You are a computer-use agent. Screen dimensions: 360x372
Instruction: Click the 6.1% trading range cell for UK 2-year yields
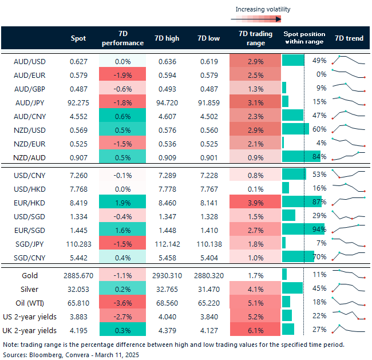click(255, 330)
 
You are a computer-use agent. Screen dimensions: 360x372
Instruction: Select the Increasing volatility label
click(263, 9)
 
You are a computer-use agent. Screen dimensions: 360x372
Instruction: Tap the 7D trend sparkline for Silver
click(349, 288)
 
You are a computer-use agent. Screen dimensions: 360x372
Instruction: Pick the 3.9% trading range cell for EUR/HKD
click(255, 201)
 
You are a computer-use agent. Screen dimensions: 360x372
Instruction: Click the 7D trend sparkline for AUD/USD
click(349, 60)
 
